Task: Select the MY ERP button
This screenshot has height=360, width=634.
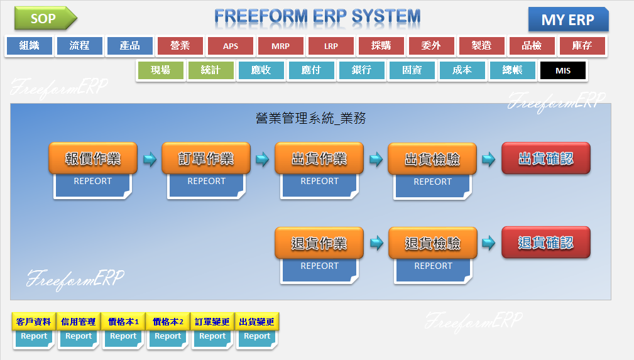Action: pyautogui.click(x=568, y=19)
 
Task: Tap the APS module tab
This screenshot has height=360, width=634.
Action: pyautogui.click(x=230, y=46)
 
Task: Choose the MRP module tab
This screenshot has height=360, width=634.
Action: pyautogui.click(x=280, y=46)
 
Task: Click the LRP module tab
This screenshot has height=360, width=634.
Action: pyautogui.click(x=331, y=46)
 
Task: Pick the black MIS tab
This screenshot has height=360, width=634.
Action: pyautogui.click(x=562, y=70)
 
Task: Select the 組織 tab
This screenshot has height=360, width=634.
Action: pyautogui.click(x=29, y=46)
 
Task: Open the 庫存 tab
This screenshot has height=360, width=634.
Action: pyautogui.click(x=582, y=46)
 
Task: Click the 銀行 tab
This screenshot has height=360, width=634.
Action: pyautogui.click(x=361, y=70)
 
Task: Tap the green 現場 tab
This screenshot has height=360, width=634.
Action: pyautogui.click(x=160, y=70)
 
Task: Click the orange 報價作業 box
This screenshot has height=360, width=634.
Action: pyautogui.click(x=93, y=158)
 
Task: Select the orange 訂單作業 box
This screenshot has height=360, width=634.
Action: pyautogui.click(x=206, y=158)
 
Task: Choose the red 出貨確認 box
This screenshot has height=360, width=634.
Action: pyautogui.click(x=546, y=158)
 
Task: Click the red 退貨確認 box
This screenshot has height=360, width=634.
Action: pyautogui.click(x=546, y=243)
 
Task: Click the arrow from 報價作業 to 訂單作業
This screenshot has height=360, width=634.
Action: pyautogui.click(x=150, y=160)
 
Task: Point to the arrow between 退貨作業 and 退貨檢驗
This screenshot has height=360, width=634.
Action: pyautogui.click(x=376, y=243)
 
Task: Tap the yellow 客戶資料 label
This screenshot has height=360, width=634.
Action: pyautogui.click(x=34, y=322)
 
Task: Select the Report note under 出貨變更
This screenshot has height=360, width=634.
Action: pyautogui.click(x=257, y=338)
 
